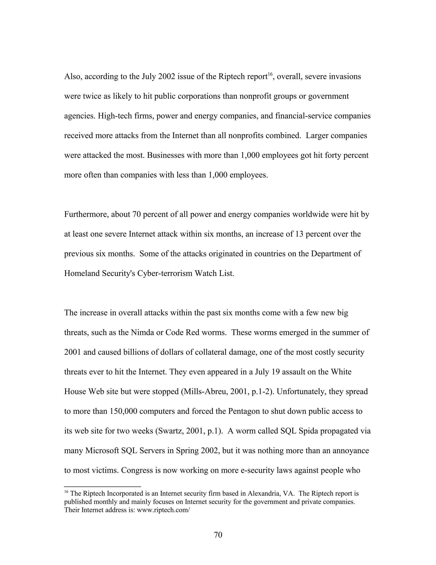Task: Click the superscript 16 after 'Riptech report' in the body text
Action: pyautogui.click(x=270, y=74)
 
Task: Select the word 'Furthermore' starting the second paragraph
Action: pyautogui.click(x=86, y=214)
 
